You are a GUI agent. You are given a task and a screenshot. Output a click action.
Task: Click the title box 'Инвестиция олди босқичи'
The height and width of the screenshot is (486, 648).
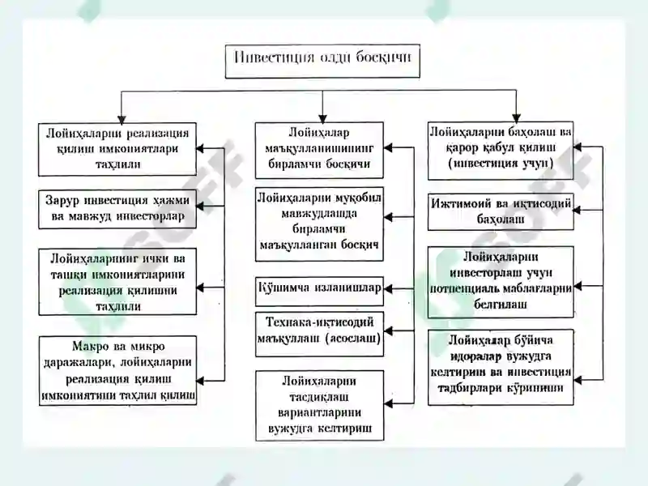pos(322,62)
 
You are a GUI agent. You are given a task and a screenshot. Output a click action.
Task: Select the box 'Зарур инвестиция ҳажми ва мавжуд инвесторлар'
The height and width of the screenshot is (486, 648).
pos(117,209)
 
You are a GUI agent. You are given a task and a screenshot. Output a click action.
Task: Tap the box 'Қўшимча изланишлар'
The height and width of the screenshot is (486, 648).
pos(319,291)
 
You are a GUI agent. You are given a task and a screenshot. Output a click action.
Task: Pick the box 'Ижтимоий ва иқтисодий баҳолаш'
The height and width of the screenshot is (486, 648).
pos(501,211)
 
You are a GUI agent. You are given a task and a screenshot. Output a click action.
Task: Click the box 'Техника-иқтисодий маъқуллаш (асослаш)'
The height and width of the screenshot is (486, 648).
pos(319,334)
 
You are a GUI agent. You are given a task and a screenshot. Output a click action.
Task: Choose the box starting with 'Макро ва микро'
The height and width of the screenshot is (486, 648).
pos(117,370)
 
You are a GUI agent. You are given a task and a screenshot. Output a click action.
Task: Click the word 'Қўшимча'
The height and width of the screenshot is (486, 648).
pos(283,288)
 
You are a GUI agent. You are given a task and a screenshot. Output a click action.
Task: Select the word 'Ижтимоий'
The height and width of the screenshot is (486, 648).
pos(459,203)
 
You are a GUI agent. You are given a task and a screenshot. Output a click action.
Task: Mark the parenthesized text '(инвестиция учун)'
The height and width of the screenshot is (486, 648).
pos(501,164)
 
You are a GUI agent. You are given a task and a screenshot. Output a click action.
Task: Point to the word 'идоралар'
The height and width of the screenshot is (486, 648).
pos(476,356)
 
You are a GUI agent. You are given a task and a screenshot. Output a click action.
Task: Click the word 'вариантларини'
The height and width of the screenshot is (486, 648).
pos(319,412)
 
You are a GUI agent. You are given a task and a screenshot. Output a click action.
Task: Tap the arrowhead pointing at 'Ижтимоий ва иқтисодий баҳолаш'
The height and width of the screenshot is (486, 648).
pos(578,211)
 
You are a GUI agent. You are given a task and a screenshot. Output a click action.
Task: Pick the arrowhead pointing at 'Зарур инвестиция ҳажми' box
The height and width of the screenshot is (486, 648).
pos(200,206)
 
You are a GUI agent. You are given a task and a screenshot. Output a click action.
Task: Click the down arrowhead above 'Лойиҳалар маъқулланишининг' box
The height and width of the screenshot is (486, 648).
pos(322,118)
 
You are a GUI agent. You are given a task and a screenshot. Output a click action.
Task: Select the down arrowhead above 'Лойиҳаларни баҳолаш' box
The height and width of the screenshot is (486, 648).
pos(516,118)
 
